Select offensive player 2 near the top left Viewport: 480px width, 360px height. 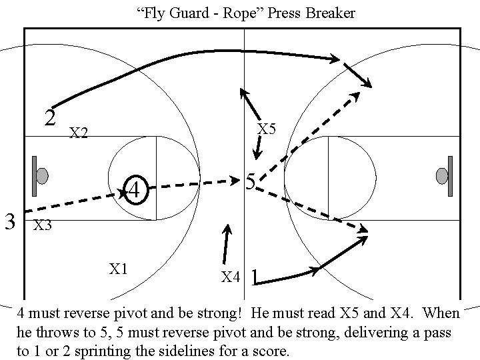point(49,118)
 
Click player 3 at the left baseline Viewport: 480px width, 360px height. point(9,219)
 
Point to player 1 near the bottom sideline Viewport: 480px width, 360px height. point(255,277)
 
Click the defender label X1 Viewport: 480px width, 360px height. point(119,269)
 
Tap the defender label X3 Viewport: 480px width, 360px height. point(43,225)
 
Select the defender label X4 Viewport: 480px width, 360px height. point(230,277)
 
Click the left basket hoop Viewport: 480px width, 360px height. point(42,176)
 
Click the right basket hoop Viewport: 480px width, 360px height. point(441,176)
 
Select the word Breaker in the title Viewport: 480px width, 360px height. point(331,13)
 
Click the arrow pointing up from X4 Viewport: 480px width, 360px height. point(227,243)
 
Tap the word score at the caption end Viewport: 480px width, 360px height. point(271,351)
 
